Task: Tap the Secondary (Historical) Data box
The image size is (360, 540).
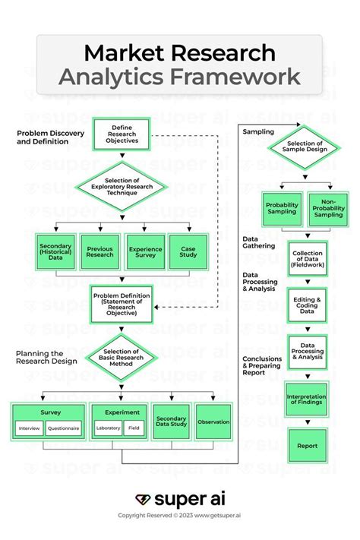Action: point(55,251)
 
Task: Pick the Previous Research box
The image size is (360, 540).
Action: point(100,251)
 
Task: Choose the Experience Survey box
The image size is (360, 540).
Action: point(145,251)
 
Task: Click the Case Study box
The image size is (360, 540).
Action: point(188,251)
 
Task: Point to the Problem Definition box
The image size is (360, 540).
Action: point(122,302)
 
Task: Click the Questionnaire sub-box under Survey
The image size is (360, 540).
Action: point(63,428)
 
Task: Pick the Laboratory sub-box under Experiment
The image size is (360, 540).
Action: point(108,428)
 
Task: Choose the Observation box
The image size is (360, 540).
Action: point(213,422)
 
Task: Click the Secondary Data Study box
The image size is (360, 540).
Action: point(171,422)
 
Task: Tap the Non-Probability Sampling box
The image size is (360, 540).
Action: point(328,210)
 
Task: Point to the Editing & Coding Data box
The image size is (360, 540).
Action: point(307,305)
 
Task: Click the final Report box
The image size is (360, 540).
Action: point(307,446)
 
